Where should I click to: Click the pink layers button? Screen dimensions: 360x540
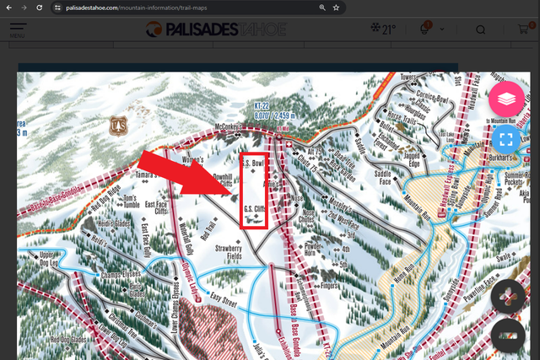[506, 99]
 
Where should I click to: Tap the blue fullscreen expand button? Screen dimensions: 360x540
[506, 139]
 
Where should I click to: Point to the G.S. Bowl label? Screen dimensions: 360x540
[254, 163]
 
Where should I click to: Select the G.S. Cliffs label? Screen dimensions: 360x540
[254, 209]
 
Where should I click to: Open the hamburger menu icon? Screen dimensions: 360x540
[18, 30]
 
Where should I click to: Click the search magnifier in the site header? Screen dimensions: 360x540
[480, 30]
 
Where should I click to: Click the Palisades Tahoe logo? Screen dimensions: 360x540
[216, 30]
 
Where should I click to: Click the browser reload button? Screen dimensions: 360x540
[40, 7]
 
